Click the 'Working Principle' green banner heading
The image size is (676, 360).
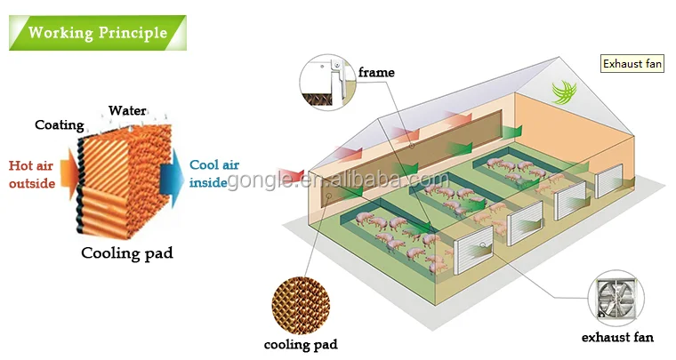97,33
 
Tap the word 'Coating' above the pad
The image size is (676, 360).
59,125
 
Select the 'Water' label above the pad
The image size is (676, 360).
127,111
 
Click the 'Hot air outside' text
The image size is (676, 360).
31,174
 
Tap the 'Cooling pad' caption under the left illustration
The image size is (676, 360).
126,252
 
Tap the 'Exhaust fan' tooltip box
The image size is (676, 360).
633,64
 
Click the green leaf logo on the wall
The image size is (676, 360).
565,92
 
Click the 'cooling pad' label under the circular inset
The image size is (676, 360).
301,344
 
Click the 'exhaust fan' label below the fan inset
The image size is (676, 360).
616,338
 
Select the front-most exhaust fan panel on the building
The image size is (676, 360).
474,253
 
